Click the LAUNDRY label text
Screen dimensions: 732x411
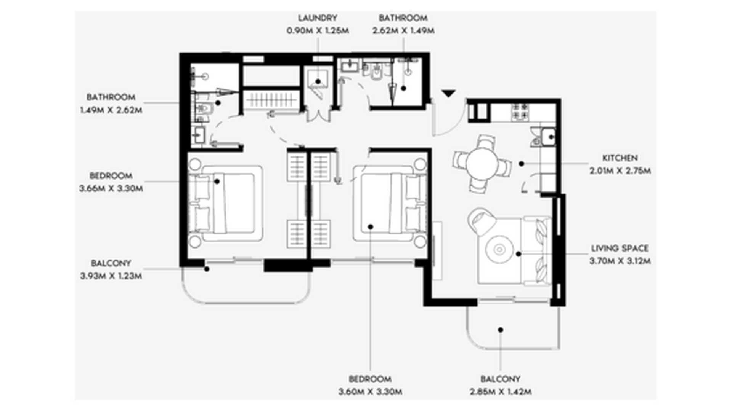click(318, 18)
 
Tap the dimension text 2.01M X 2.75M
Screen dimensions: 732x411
click(620, 171)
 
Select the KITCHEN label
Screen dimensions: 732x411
click(620, 158)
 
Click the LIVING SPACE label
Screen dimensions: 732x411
click(620, 249)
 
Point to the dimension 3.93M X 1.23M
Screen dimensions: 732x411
click(111, 276)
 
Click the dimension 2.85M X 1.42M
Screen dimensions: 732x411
click(501, 392)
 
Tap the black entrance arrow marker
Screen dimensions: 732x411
click(449, 93)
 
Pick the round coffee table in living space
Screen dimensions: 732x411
click(499, 250)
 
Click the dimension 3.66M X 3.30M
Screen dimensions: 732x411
click(111, 188)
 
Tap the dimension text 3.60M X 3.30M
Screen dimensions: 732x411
click(370, 392)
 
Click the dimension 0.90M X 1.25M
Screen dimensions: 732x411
click(318, 31)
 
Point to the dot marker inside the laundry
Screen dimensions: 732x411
click(318, 81)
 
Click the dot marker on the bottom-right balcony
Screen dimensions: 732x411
click(501, 330)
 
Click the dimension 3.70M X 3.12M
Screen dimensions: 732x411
click(620, 261)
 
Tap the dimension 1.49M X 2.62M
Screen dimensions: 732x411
click(111, 110)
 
